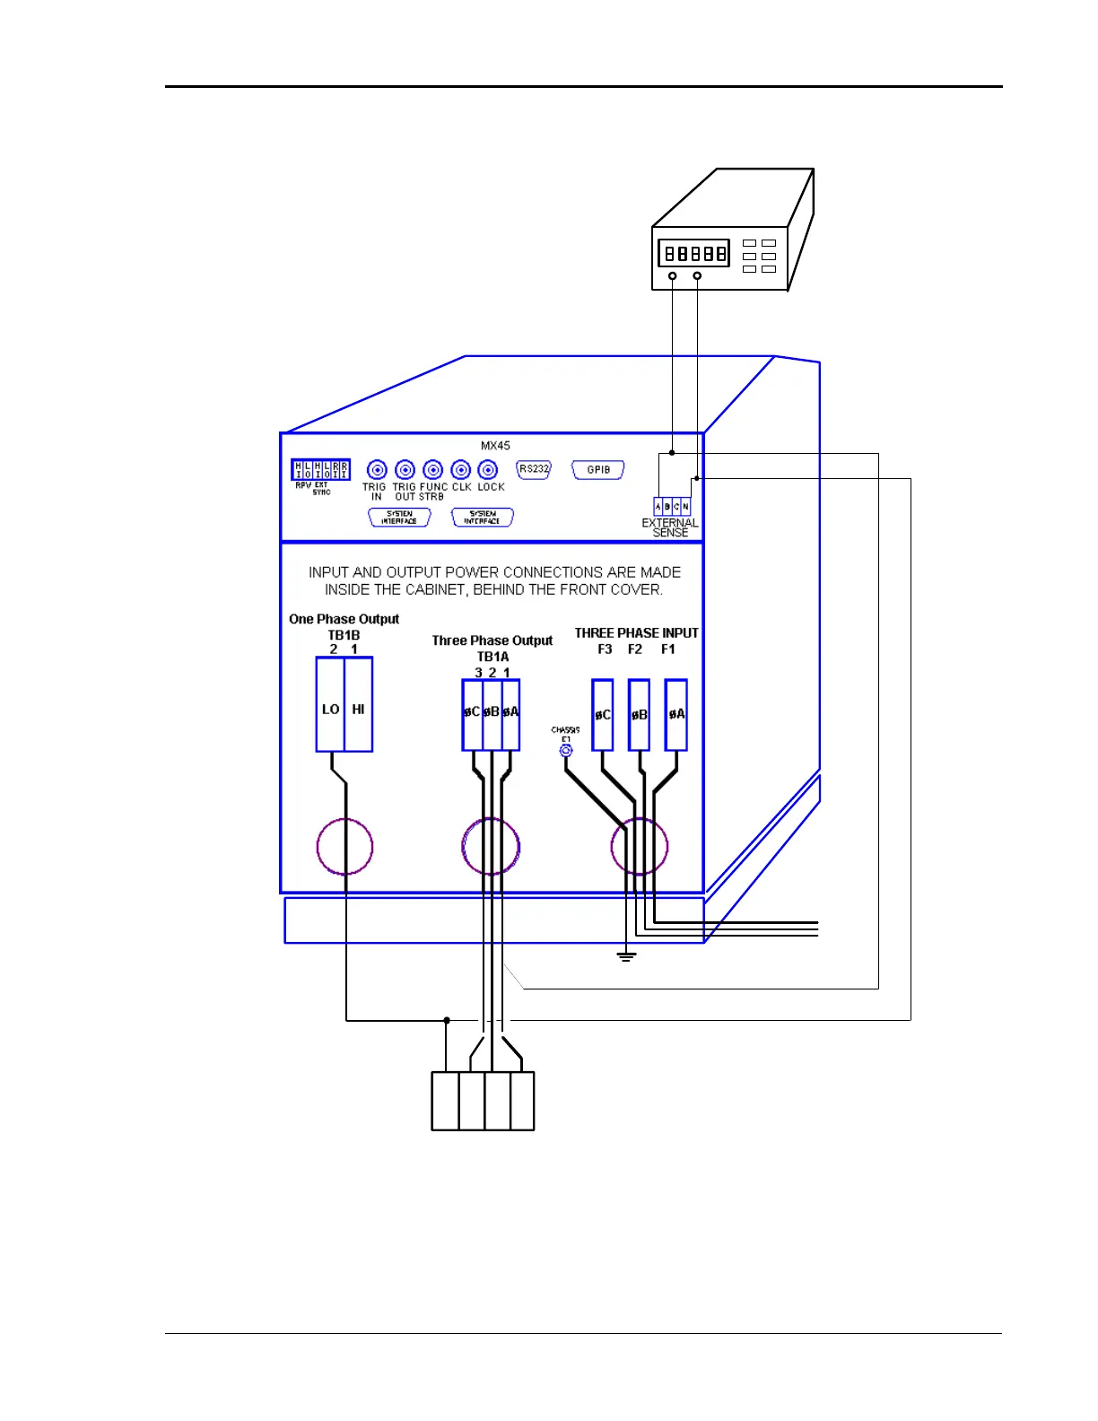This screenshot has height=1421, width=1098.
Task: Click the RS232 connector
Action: tap(534, 469)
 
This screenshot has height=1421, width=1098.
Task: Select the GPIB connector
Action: tap(598, 470)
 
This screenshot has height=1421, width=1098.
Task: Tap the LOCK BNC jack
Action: tap(488, 470)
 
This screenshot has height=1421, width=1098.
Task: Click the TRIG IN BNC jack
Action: tap(377, 470)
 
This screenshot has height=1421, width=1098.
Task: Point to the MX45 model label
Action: tap(495, 446)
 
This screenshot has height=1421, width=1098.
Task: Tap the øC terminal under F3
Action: tap(603, 715)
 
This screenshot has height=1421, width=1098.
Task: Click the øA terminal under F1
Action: tap(676, 715)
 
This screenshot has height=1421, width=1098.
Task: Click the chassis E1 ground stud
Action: tap(566, 751)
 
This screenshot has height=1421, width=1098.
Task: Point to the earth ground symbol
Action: tap(626, 956)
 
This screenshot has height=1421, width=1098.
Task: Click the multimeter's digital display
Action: tap(693, 254)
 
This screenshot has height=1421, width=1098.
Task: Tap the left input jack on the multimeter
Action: tap(672, 275)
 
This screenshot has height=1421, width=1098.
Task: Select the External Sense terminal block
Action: tap(672, 507)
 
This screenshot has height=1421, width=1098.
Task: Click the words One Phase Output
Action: tap(344, 619)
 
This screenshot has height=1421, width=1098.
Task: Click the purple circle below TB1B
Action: tap(344, 846)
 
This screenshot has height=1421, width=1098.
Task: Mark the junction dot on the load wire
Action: tap(447, 1020)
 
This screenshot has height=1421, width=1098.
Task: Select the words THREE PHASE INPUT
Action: tap(636, 633)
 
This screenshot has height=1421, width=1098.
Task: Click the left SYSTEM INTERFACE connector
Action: tap(399, 518)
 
